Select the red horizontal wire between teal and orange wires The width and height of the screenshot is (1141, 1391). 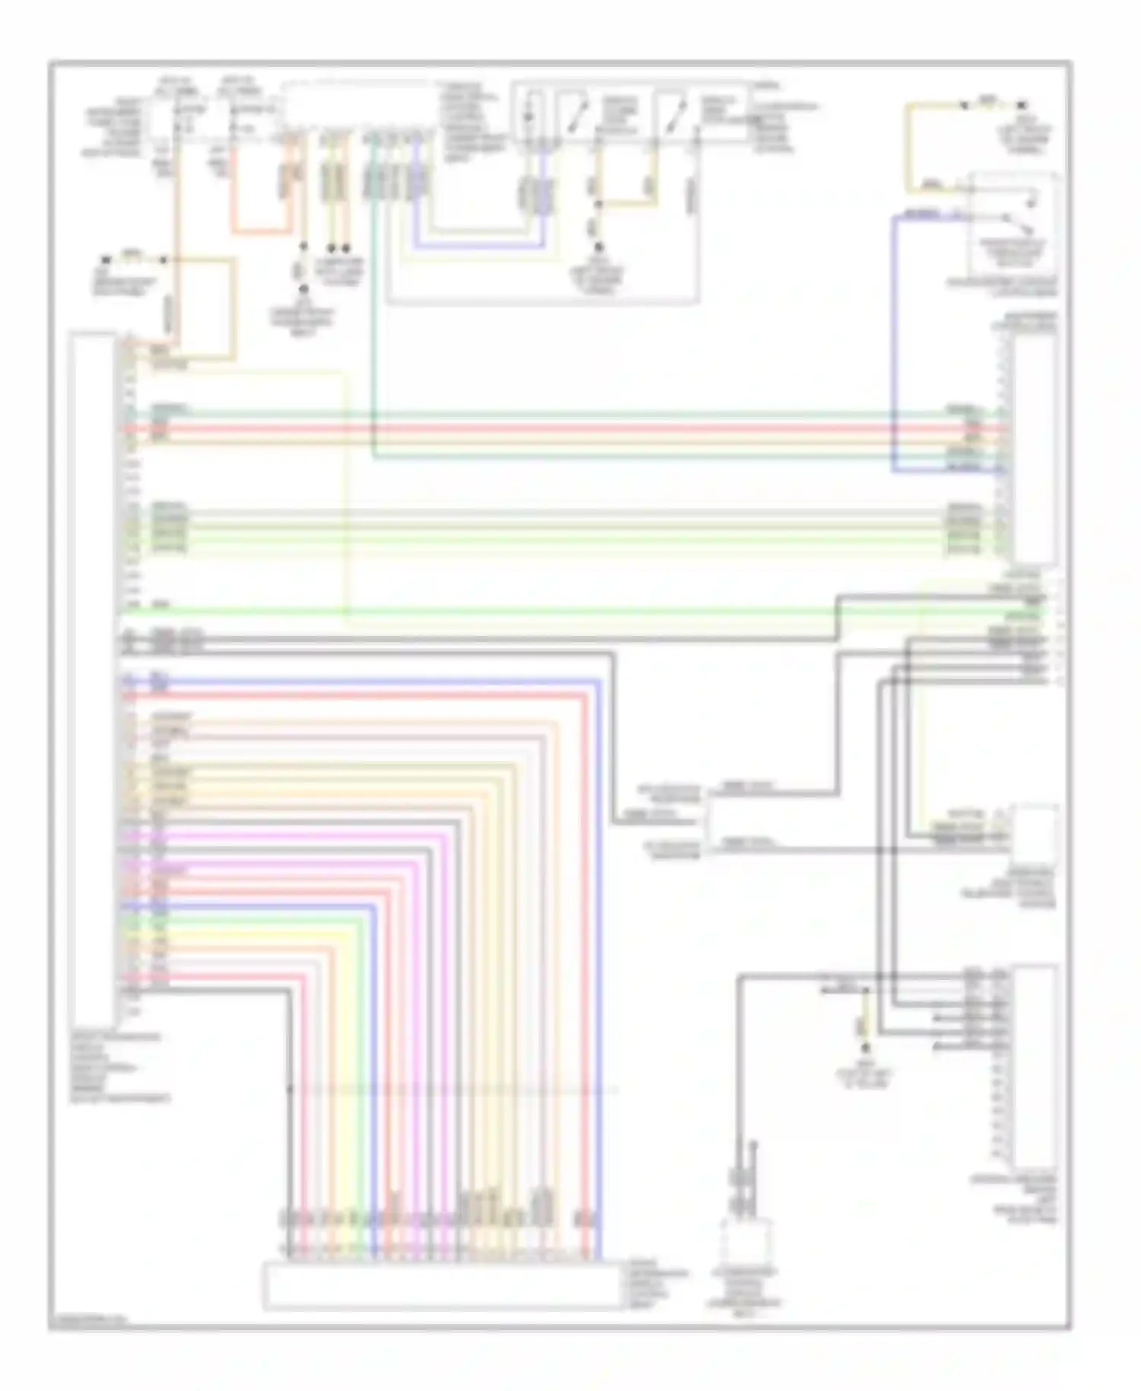click(x=532, y=428)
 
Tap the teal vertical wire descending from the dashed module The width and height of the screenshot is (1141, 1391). click(x=373, y=304)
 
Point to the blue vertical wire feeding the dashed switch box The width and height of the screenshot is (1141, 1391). click(x=893, y=342)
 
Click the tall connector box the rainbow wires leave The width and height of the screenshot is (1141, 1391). click(x=92, y=677)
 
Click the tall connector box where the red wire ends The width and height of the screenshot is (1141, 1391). click(x=1033, y=449)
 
